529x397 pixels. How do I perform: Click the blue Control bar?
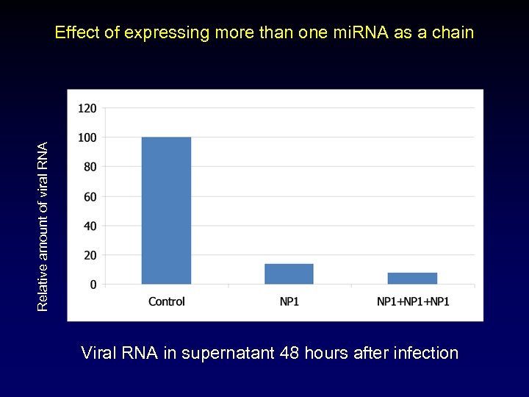coord(166,210)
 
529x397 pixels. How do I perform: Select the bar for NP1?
coord(289,273)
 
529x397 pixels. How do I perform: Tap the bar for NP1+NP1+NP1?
coord(412,278)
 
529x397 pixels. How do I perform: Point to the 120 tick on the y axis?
coord(87,108)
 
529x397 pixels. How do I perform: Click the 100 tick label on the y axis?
coord(87,137)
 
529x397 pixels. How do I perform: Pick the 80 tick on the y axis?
coord(89,167)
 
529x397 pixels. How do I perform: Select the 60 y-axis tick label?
coord(89,196)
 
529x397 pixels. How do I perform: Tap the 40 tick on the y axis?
coord(89,226)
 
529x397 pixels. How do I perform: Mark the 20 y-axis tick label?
coord(89,255)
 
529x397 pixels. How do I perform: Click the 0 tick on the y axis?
coord(93,285)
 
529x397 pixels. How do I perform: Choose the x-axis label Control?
coord(166,301)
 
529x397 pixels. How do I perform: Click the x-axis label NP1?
coord(289,301)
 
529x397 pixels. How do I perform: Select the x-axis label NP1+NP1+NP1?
coord(412,301)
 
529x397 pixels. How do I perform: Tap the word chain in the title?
coord(453,32)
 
